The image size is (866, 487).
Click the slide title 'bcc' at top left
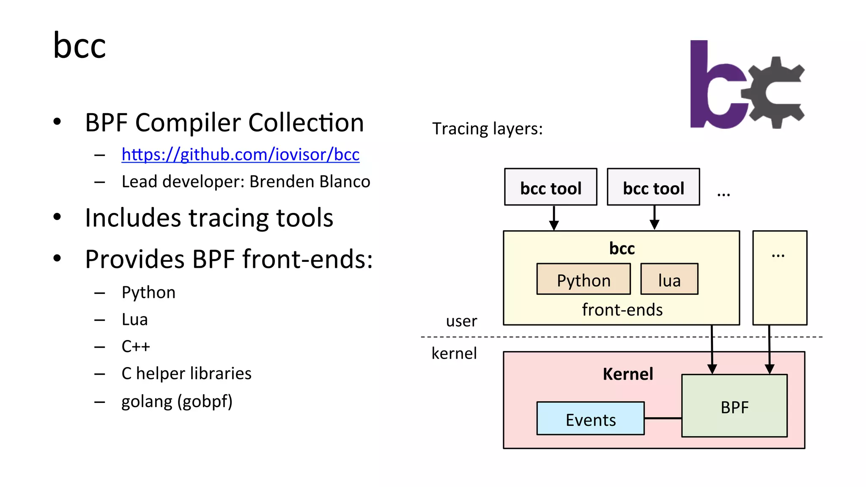click(x=79, y=46)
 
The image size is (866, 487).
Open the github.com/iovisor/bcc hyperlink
click(x=240, y=155)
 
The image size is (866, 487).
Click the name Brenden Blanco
click(x=310, y=182)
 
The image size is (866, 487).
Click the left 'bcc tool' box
click(x=551, y=187)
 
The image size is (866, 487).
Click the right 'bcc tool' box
click(x=653, y=187)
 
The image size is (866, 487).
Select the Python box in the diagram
click(x=584, y=280)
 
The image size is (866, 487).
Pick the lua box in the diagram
click(x=669, y=280)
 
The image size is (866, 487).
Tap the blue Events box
click(x=590, y=419)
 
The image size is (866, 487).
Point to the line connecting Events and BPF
click(x=663, y=418)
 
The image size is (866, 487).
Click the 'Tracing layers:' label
click(x=487, y=128)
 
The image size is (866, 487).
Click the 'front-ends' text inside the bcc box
click(x=622, y=310)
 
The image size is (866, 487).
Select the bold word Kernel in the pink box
click(x=628, y=374)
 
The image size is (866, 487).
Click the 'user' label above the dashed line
click(x=461, y=321)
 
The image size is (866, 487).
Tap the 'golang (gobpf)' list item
click(x=177, y=401)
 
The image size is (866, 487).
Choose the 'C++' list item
click(x=136, y=346)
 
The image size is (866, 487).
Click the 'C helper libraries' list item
click(x=186, y=373)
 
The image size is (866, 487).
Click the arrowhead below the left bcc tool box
click(x=554, y=226)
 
